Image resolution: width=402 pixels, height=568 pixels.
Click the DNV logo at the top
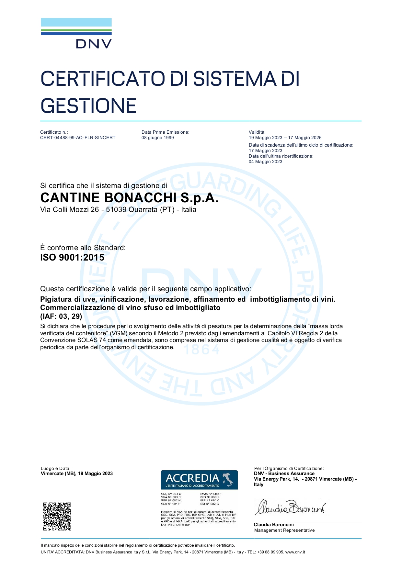click(x=76, y=34)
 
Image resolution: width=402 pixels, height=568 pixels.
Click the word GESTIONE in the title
click(x=88, y=106)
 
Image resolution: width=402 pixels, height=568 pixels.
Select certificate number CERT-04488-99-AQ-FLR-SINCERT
click(x=78, y=138)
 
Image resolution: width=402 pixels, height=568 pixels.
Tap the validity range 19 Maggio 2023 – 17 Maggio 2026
click(x=285, y=138)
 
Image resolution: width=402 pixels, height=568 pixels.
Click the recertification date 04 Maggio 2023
click(x=266, y=162)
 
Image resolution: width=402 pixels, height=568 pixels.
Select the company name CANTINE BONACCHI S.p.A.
click(x=129, y=198)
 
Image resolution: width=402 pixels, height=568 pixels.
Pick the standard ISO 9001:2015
click(x=72, y=258)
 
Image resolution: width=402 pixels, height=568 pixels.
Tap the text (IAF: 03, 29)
click(x=61, y=316)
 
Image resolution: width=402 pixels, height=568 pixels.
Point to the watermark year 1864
click(x=202, y=350)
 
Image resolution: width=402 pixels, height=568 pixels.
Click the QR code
click(x=57, y=516)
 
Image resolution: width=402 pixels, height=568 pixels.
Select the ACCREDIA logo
click(x=199, y=480)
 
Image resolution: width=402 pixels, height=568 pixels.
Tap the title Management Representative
click(x=284, y=530)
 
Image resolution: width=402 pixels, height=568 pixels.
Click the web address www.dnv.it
click(x=295, y=552)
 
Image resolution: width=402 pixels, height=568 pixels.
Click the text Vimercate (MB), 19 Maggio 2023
click(x=77, y=473)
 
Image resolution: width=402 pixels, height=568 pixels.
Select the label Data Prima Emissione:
click(x=166, y=132)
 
